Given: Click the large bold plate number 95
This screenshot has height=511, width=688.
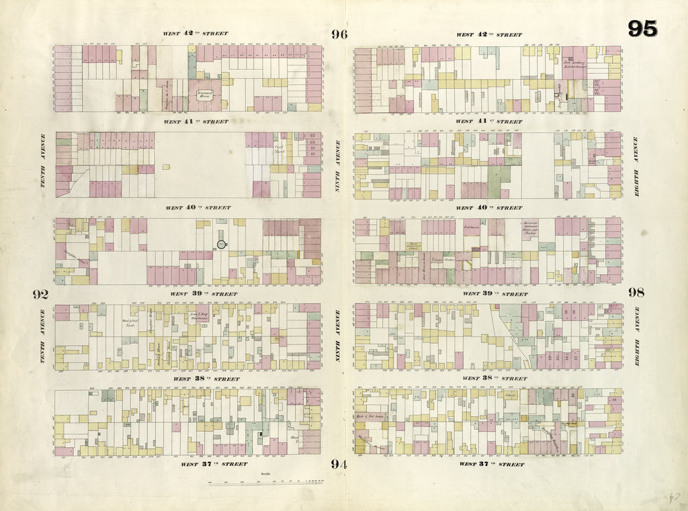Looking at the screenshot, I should (642, 28).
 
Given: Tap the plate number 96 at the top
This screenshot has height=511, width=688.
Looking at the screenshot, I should (339, 35).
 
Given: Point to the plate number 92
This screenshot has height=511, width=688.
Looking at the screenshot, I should (40, 294).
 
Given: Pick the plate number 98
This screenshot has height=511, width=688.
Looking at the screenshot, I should (636, 292).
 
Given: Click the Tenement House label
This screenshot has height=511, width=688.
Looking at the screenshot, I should (205, 97).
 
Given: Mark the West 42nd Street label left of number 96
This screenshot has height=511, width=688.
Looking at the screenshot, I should (196, 33).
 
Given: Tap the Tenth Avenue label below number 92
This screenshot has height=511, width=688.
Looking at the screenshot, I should (42, 336).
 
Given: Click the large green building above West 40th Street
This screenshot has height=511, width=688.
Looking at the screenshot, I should (499, 181).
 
